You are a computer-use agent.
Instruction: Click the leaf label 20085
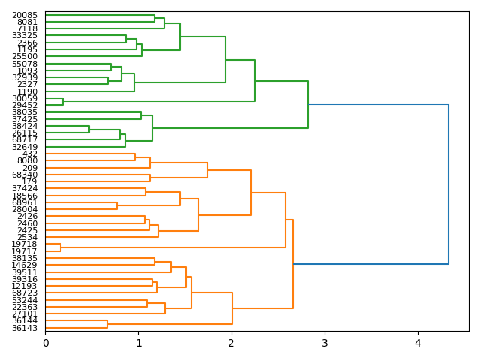pyautogui.click(x=25, y=15)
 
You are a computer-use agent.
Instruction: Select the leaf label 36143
pyautogui.click(x=25, y=328)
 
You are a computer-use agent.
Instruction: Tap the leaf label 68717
pyautogui.click(x=25, y=140)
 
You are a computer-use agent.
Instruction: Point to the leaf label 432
pyautogui.click(x=30, y=154)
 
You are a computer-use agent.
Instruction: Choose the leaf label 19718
pyautogui.click(x=25, y=244)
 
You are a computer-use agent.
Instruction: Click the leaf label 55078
pyautogui.click(x=25, y=64)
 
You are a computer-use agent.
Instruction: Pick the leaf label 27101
pyautogui.click(x=25, y=313)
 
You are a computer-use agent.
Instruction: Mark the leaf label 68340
pyautogui.click(x=25, y=175)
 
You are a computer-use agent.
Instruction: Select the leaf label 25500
pyautogui.click(x=25, y=57)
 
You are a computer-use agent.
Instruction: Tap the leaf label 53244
pyautogui.click(x=25, y=300)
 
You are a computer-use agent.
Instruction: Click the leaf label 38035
pyautogui.click(x=25, y=112)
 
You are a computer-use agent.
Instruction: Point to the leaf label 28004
pyautogui.click(x=25, y=209)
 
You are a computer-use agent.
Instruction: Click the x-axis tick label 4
pyautogui.click(x=418, y=343)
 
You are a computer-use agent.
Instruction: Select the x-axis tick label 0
pyautogui.click(x=45, y=343)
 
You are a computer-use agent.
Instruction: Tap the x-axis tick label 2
pyautogui.click(x=232, y=343)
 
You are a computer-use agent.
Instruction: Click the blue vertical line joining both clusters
pyautogui.click(x=448, y=184)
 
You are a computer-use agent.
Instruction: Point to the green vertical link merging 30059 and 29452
pyautogui.click(x=63, y=102)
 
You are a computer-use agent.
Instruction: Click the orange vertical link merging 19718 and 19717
pyautogui.click(x=61, y=247)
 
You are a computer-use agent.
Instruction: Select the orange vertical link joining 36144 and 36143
pyautogui.click(x=107, y=324)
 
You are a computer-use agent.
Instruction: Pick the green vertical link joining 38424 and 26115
pyautogui.click(x=89, y=130)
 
